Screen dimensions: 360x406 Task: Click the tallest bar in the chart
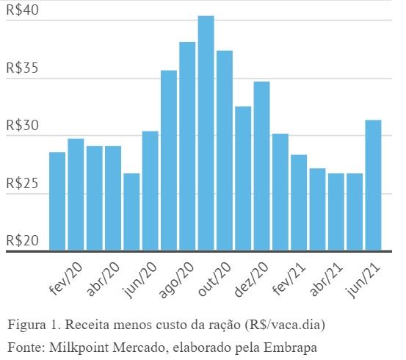pos(206,133)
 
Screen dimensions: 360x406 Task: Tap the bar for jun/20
pos(150,190)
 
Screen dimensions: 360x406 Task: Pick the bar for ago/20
pos(187,146)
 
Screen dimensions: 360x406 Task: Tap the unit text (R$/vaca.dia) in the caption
pos(280,325)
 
